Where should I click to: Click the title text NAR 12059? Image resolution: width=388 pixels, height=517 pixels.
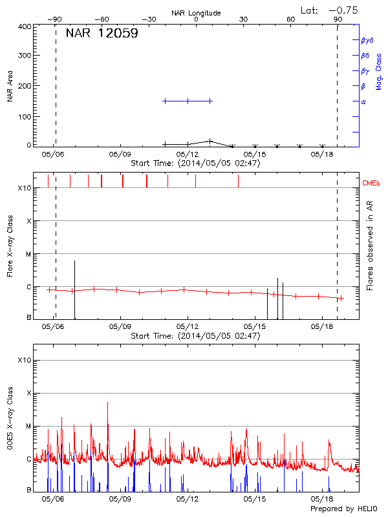coord(102,34)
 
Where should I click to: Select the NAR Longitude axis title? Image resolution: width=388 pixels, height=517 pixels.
coord(196,13)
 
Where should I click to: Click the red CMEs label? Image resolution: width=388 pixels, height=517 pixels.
coord(371,184)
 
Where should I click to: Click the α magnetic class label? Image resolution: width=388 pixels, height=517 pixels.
coord(363,101)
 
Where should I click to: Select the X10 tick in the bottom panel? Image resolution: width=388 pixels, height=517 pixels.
coord(25,360)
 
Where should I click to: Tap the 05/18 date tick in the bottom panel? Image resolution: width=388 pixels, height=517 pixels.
coord(321,499)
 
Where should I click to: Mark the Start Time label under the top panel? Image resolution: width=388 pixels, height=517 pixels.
coord(195,164)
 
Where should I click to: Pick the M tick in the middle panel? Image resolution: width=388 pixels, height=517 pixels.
coord(28,254)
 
